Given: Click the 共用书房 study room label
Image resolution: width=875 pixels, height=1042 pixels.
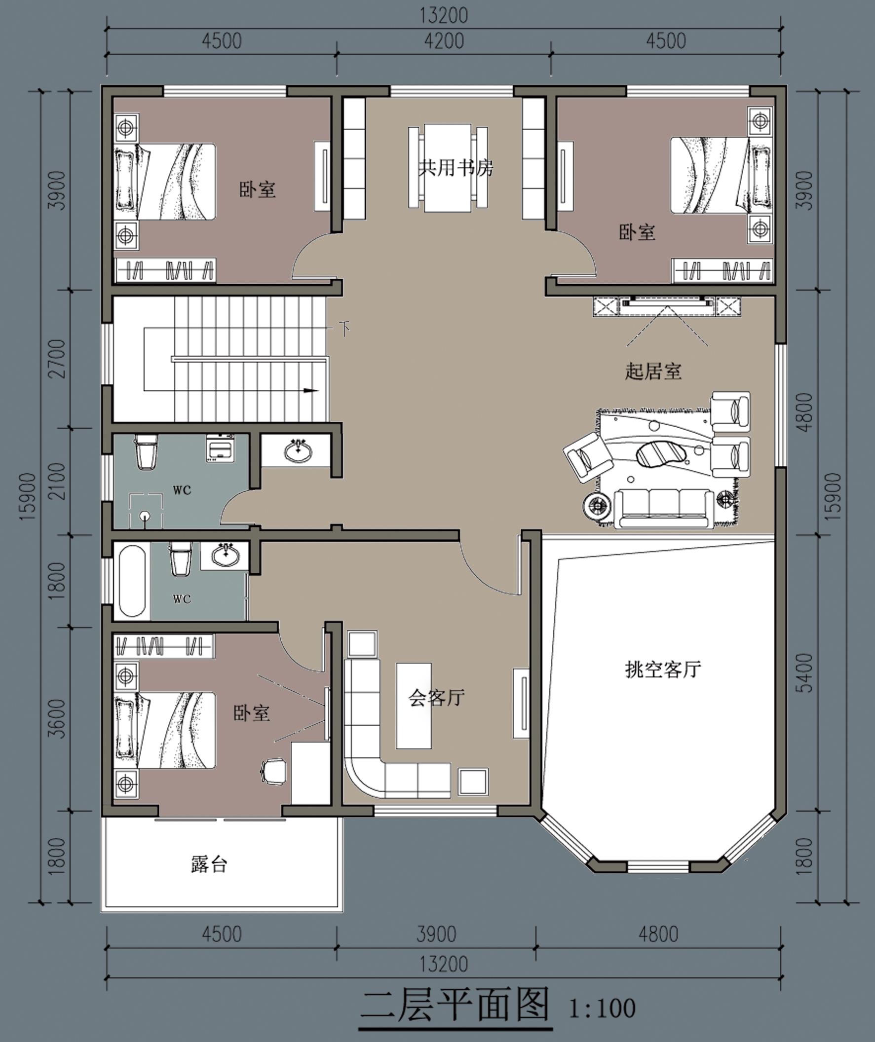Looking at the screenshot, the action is pyautogui.click(x=456, y=168).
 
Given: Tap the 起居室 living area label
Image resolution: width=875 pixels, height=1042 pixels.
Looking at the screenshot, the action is pyautogui.click(x=653, y=371).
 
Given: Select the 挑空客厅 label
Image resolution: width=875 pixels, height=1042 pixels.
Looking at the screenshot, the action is pyautogui.click(x=663, y=670).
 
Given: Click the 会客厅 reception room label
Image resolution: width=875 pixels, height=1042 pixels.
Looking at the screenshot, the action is pyautogui.click(x=437, y=697).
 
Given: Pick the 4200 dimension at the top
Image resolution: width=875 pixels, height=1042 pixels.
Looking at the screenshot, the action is pyautogui.click(x=444, y=40).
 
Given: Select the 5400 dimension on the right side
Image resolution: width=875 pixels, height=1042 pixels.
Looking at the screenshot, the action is pyautogui.click(x=806, y=673).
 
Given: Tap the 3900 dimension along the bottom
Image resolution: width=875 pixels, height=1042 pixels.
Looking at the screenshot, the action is pyautogui.click(x=436, y=934).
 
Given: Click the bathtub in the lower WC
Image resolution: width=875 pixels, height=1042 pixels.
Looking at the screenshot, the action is pyautogui.click(x=132, y=581).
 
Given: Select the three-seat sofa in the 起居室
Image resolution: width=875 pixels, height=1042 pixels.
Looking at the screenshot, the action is pyautogui.click(x=664, y=508).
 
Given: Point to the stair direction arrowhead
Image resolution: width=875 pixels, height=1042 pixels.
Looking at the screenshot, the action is pyautogui.click(x=311, y=390).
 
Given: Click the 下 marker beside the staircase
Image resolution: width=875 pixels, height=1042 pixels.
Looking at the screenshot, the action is pyautogui.click(x=345, y=328).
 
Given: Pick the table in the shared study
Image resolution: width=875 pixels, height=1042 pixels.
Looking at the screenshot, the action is pyautogui.click(x=448, y=168).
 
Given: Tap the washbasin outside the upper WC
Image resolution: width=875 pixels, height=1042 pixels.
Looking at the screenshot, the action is pyautogui.click(x=298, y=450).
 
